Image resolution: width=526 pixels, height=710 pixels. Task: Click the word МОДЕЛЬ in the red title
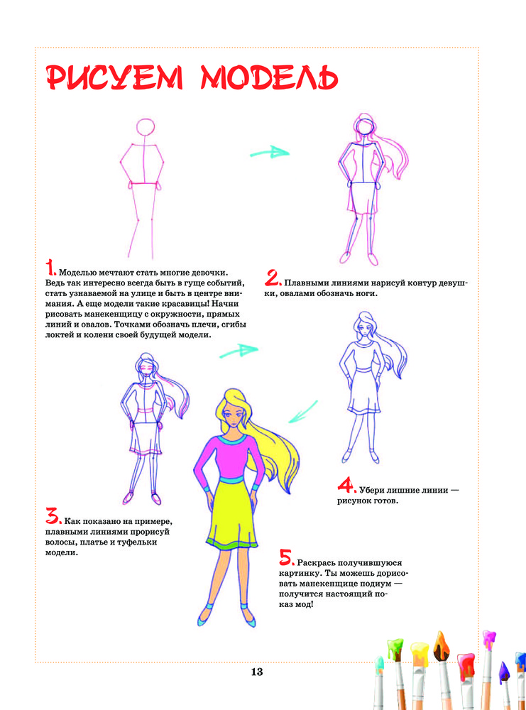(x=270, y=78)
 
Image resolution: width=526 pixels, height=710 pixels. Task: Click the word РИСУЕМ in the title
(x=115, y=78)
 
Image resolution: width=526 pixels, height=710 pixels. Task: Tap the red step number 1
(x=50, y=268)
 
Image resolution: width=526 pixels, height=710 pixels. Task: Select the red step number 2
(x=273, y=278)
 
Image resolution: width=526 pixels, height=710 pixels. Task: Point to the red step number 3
(x=53, y=515)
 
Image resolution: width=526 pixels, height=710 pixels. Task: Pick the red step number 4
(x=346, y=485)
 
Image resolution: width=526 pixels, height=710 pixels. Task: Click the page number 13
(x=257, y=672)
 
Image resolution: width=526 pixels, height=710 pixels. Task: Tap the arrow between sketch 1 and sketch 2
(x=270, y=153)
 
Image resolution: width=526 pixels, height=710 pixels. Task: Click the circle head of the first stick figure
(x=146, y=127)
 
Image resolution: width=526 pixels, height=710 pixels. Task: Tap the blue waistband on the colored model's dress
(x=231, y=480)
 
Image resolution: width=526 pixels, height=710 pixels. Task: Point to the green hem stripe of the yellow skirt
(x=231, y=545)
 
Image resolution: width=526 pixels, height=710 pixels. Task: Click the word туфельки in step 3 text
(x=137, y=542)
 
